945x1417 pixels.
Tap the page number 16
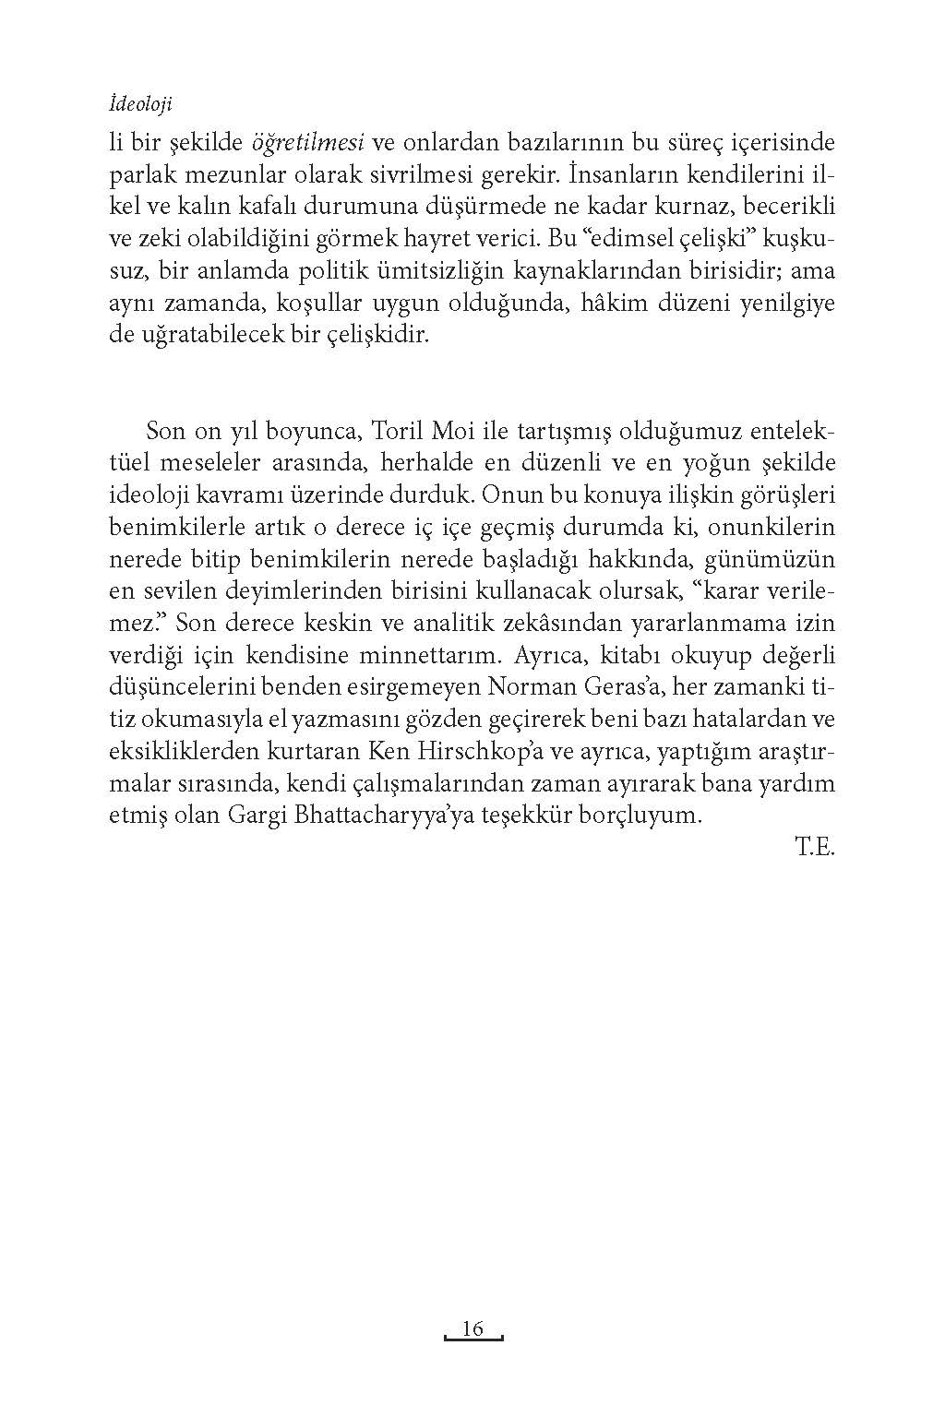coord(472,1328)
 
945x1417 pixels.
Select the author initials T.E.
coord(815,847)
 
